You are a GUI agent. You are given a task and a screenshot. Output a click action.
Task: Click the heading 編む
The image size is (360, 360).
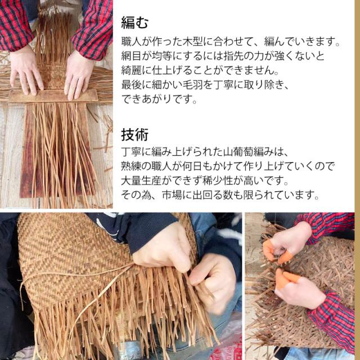click(134, 22)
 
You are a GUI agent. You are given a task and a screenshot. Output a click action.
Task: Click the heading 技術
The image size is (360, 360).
click(134, 135)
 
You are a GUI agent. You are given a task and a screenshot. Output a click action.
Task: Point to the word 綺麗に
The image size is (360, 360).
click(136, 70)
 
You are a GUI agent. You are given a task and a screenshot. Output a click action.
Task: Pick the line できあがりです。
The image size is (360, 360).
click(159, 99)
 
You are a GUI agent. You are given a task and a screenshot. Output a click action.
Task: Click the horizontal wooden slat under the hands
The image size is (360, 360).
click(53, 96)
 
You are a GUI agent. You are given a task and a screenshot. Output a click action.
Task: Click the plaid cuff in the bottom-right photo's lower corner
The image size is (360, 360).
click(333, 321)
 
